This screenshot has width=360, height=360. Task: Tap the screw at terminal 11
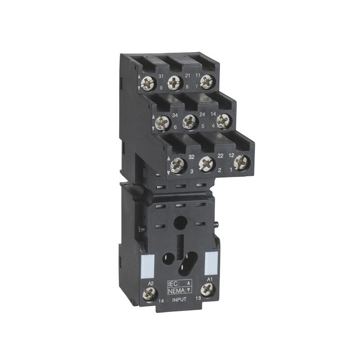[x=206, y=81]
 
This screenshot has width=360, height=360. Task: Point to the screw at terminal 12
[x=242, y=162]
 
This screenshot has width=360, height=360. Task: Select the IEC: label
[x=174, y=283]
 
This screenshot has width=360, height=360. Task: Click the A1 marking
[x=209, y=279]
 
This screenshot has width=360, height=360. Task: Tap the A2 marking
[x=151, y=283]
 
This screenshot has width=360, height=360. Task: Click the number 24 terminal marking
[x=202, y=115]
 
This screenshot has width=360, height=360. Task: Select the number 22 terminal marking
[x=220, y=155]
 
